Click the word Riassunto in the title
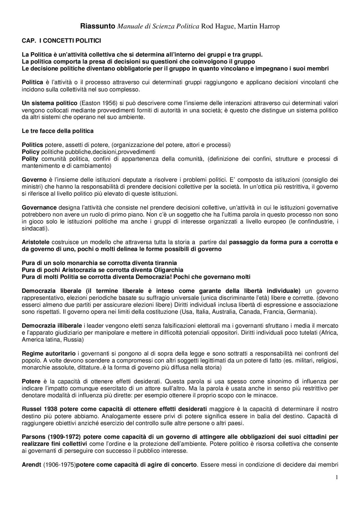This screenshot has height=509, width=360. point(98,26)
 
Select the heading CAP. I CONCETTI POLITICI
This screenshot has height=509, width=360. point(61,41)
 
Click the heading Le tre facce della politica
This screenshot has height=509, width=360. point(58,131)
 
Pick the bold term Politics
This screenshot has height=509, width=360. point(33,145)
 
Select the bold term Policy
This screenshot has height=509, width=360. point(31,152)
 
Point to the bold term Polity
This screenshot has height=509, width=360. point(30,159)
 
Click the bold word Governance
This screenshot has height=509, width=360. point(39,208)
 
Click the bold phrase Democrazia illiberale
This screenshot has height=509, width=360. point(52,326)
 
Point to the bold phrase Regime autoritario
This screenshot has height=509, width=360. point(49,354)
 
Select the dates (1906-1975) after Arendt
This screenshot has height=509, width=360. point(60,465)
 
